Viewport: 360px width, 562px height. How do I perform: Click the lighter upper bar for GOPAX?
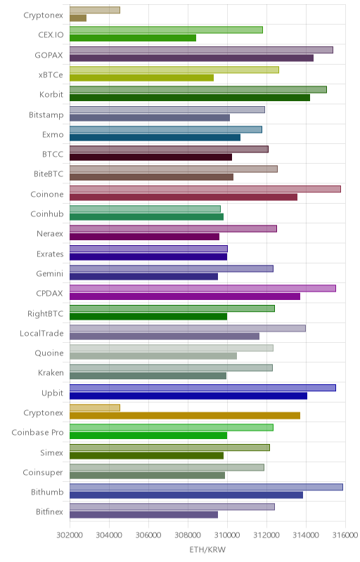pyautogui.click(x=201, y=50)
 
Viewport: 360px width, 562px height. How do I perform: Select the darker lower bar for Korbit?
pyautogui.click(x=190, y=98)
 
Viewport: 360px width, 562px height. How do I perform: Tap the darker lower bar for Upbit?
pyautogui.click(x=188, y=396)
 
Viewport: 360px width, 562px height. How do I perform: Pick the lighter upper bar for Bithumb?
pyautogui.click(x=206, y=487)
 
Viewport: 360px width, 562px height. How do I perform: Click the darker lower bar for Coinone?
pyautogui.click(x=184, y=197)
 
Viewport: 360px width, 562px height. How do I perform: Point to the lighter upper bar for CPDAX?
pyautogui.click(x=202, y=288)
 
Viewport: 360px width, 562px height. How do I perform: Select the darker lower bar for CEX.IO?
pyautogui.click(x=133, y=38)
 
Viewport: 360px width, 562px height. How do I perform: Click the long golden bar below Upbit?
pyautogui.click(x=185, y=416)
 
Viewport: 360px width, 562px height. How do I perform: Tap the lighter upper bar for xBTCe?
pyautogui.click(x=174, y=70)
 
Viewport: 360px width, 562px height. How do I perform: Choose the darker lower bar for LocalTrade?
pyautogui.click(x=165, y=336)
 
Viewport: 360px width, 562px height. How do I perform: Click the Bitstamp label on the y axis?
pyautogui.click(x=46, y=115)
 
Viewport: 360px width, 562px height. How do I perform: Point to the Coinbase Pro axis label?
pyautogui.click(x=38, y=433)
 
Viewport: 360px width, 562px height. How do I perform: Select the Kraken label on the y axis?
pyautogui.click(x=51, y=373)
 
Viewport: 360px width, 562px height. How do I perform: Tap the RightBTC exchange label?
pyautogui.click(x=46, y=314)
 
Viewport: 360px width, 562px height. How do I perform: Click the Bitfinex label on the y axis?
pyautogui.click(x=49, y=512)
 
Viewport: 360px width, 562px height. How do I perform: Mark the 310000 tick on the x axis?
pyautogui.click(x=227, y=535)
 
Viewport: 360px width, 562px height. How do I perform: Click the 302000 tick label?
pyautogui.click(x=70, y=535)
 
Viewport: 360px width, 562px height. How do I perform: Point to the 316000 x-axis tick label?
pyautogui.click(x=345, y=535)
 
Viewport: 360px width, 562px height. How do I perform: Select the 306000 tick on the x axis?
pyautogui.click(x=148, y=535)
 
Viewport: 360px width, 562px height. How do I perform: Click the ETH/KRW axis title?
pyautogui.click(x=207, y=549)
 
